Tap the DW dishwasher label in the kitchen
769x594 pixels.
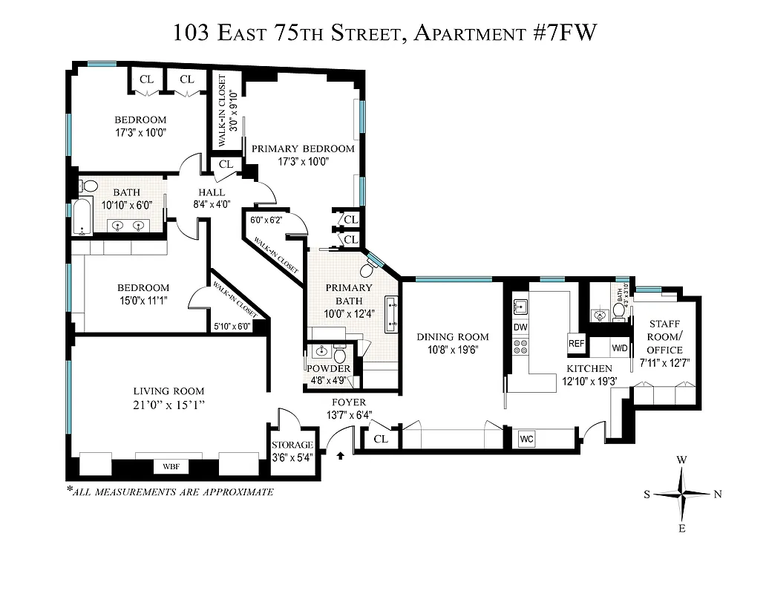(x=520, y=327)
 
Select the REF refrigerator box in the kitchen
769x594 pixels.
(x=577, y=343)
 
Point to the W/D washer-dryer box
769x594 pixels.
(x=619, y=347)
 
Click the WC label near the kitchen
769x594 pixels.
(x=527, y=439)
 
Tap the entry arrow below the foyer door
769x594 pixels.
(x=341, y=455)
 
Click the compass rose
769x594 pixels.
(x=682, y=495)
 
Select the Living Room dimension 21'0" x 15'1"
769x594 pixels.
(x=168, y=405)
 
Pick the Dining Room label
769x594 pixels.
(x=452, y=336)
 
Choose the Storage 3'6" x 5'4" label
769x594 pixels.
(x=292, y=450)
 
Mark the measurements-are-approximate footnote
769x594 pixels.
(x=170, y=492)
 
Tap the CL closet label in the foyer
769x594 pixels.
(x=381, y=439)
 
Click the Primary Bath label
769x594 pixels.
(x=348, y=294)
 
